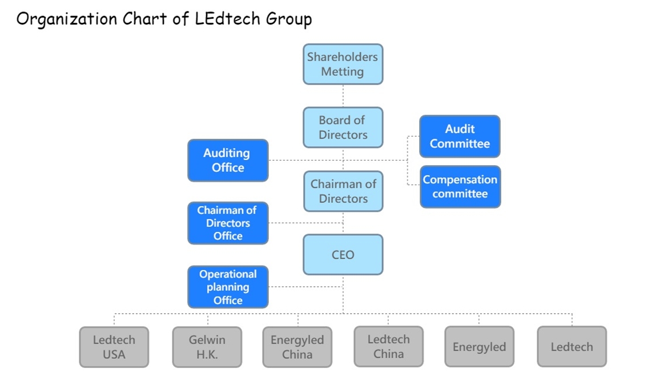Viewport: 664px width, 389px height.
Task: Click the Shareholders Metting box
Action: [x=343, y=64]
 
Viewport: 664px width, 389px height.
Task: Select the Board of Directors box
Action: [x=343, y=127]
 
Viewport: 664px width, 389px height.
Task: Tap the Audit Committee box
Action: [x=460, y=137]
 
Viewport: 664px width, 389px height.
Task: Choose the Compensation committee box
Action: [x=460, y=187]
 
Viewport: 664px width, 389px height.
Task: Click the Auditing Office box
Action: [x=228, y=161]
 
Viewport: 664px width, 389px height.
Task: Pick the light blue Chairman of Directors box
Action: [x=343, y=191]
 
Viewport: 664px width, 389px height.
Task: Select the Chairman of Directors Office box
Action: [x=228, y=223]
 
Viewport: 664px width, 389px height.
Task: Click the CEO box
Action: [x=343, y=255]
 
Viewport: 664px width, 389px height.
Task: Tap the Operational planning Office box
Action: [x=228, y=287]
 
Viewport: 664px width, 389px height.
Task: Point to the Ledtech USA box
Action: [x=114, y=347]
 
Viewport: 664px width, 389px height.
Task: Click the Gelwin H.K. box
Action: [x=207, y=347]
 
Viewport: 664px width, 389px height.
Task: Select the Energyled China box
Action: [x=297, y=347]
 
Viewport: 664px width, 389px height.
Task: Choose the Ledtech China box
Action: [x=388, y=346]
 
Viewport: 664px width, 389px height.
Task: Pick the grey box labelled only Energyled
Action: [x=479, y=347]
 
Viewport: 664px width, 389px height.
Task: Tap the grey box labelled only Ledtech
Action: [x=572, y=347]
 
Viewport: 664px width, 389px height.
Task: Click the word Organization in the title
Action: [x=66, y=19]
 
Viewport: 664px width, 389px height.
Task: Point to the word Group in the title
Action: [x=288, y=19]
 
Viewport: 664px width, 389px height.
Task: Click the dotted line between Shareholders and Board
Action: [x=343, y=96]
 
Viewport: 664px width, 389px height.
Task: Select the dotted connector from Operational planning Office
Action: [x=305, y=287]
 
